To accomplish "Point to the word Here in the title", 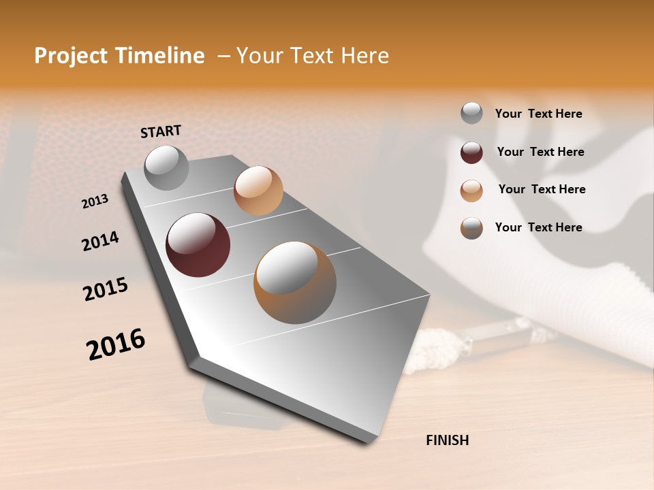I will click(x=364, y=56).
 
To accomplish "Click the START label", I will click(x=161, y=131).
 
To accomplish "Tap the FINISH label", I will click(x=448, y=440).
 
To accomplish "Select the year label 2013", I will click(x=95, y=201).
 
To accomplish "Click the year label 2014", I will click(x=100, y=241).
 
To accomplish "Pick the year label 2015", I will click(x=106, y=289).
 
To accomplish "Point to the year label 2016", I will click(x=116, y=344).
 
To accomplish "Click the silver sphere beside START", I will click(x=166, y=167).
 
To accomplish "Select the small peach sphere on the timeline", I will click(x=258, y=191).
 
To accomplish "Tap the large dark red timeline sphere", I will click(x=198, y=245).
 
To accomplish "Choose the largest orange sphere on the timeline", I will click(x=295, y=282).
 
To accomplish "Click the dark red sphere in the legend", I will click(x=471, y=152).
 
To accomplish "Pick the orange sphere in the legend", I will click(x=471, y=191).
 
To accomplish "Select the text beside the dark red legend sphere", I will click(x=540, y=152).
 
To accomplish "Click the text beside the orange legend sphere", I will click(x=542, y=189).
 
